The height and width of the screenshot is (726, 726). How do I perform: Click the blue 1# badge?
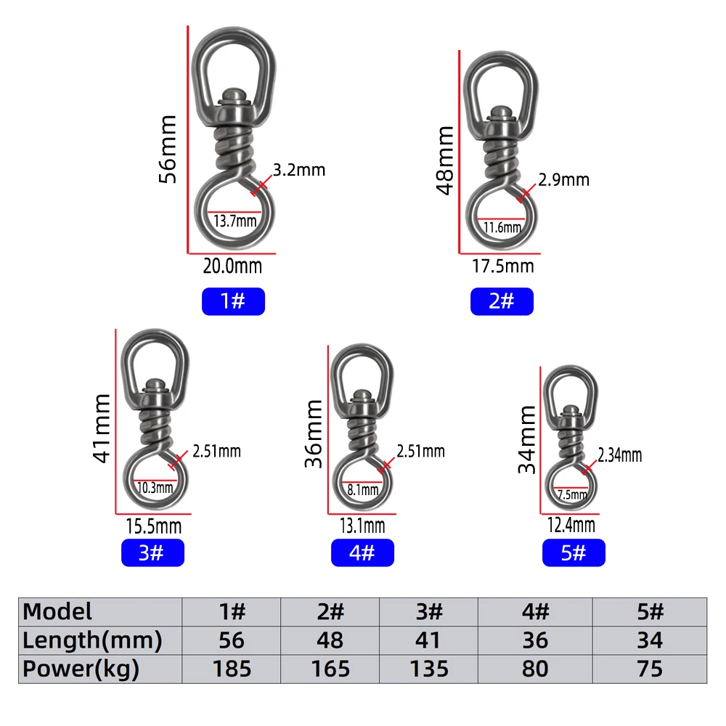click(x=233, y=301)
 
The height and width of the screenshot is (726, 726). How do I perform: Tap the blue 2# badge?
click(x=502, y=301)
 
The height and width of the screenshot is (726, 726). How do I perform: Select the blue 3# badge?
click(x=152, y=553)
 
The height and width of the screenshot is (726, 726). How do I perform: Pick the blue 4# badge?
click(x=362, y=553)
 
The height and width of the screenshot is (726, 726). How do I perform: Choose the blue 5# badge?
click(x=574, y=553)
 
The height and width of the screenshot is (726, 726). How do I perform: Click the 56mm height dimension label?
click(x=168, y=149)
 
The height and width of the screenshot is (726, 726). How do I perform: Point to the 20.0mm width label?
click(x=232, y=266)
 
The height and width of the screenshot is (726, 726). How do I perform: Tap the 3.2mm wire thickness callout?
click(x=299, y=171)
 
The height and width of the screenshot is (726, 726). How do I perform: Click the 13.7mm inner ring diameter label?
click(x=234, y=221)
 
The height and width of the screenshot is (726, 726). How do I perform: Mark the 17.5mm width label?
click(x=502, y=266)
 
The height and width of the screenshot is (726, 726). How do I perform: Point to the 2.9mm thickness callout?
click(x=564, y=179)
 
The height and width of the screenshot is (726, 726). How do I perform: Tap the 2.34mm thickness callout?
click(x=619, y=455)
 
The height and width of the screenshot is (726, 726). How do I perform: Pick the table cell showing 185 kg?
click(x=232, y=668)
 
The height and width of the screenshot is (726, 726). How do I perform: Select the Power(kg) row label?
click(x=81, y=668)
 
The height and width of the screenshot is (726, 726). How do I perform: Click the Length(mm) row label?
click(x=92, y=640)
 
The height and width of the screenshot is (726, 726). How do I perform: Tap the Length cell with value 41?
click(x=429, y=640)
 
